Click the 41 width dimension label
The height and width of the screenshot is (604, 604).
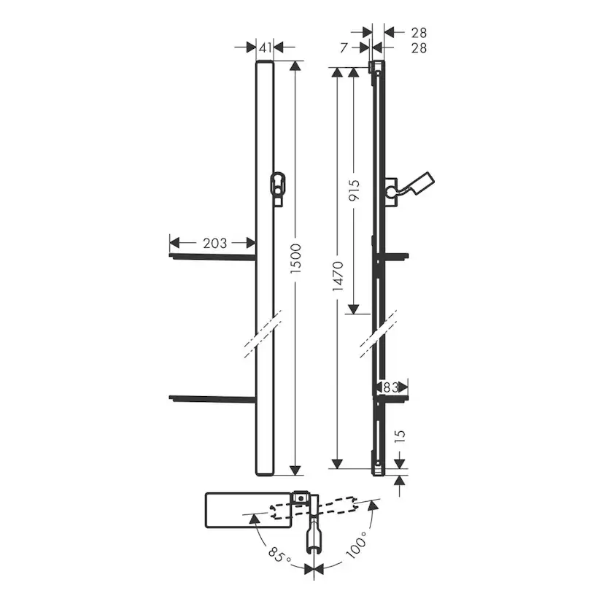[266, 47]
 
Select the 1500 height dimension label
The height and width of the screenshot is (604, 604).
[295, 258]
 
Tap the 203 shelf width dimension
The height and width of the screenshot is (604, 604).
[214, 243]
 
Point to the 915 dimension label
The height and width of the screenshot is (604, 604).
[354, 190]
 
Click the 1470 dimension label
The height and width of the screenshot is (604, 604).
[338, 276]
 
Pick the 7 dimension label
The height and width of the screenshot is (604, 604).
[344, 47]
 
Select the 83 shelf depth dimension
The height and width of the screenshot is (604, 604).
[390, 387]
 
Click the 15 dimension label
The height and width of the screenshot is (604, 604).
[400, 435]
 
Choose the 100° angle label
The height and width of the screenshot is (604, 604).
[357, 544]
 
